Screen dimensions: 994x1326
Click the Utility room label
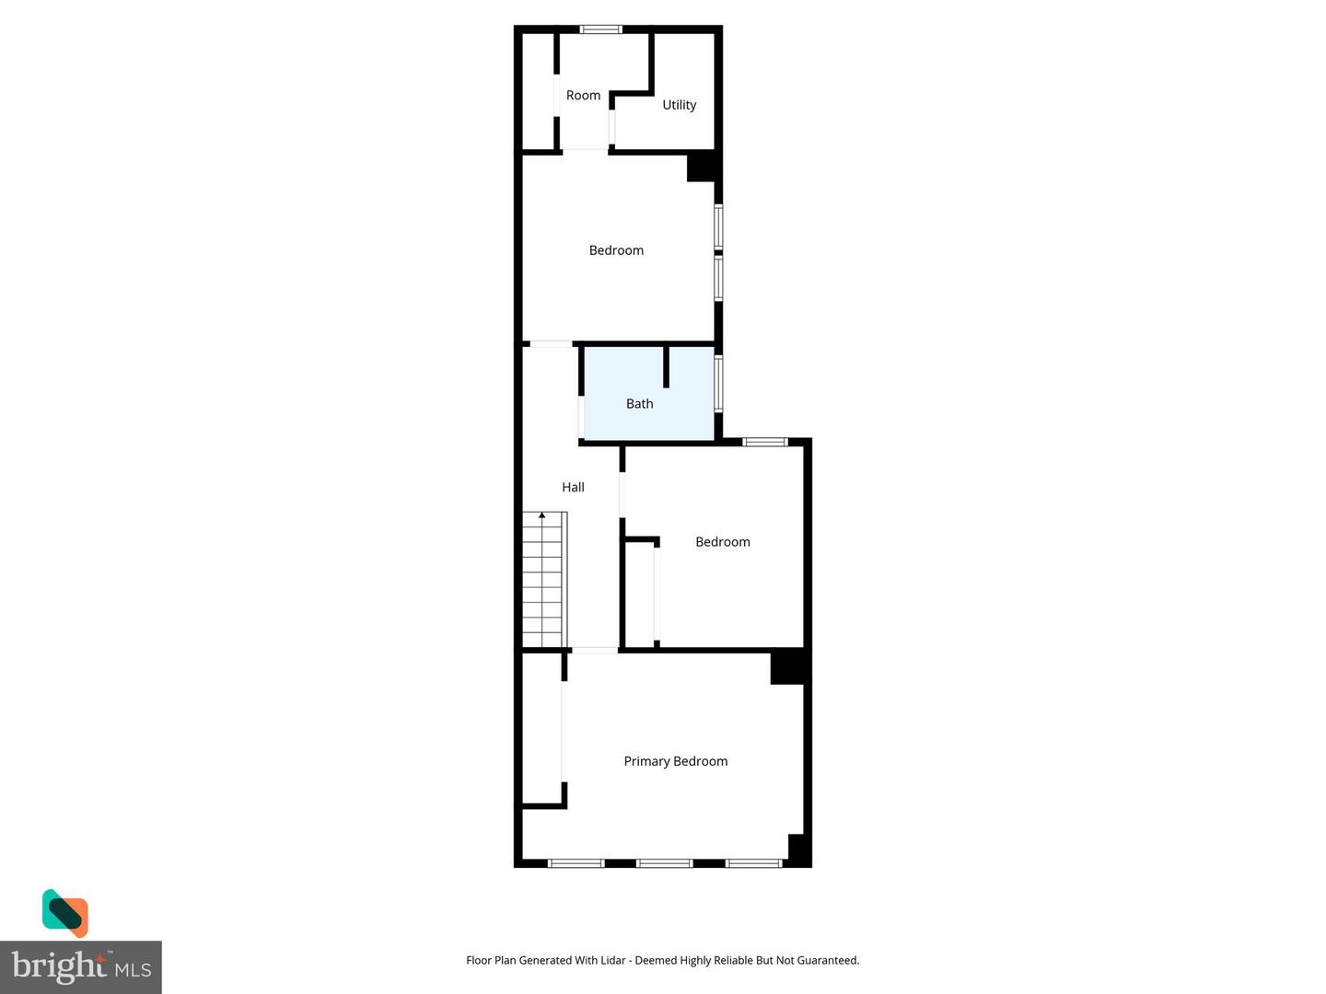point(679,105)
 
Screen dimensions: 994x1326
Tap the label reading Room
point(583,96)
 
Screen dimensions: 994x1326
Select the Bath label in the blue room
point(639,404)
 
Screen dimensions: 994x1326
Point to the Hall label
point(573,488)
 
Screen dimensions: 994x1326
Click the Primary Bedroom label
point(675,761)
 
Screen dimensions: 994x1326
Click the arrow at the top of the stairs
point(542,515)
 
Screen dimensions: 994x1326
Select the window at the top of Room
point(600,29)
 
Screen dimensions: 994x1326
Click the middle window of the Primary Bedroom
point(664,863)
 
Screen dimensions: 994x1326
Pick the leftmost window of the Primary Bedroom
point(576,863)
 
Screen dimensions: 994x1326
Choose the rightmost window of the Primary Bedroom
point(753,863)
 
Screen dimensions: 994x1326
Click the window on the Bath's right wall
point(719,383)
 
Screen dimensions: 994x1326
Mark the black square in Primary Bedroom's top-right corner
point(788,667)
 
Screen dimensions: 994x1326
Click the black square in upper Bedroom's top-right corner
point(702,167)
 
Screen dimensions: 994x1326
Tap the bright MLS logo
point(81,966)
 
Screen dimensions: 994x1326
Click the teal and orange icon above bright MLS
point(64,912)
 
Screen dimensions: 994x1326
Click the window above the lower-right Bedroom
point(765,443)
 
